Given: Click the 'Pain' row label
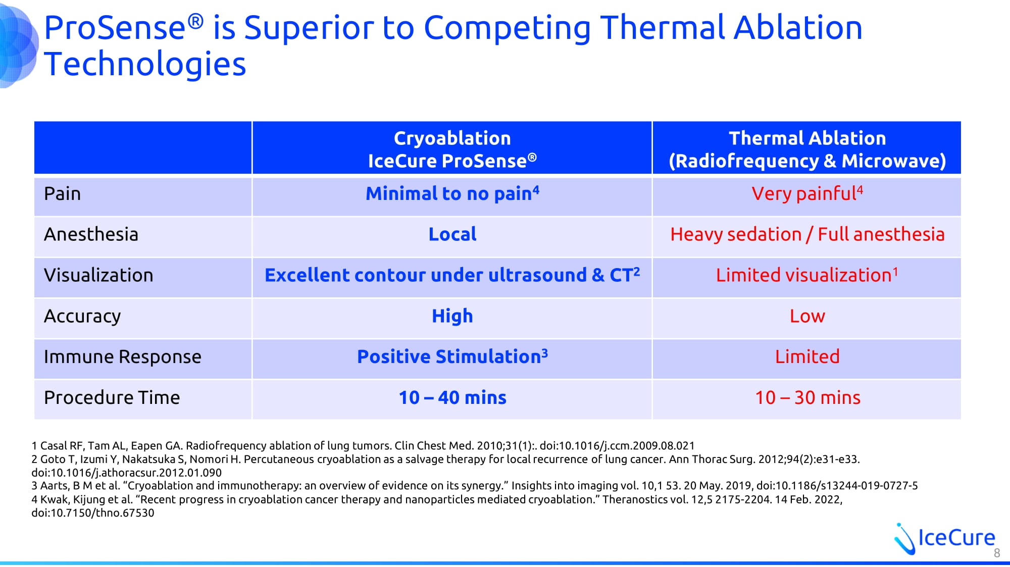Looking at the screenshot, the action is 62,194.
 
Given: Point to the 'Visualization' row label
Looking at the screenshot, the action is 98,275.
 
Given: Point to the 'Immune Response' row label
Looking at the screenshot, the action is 123,357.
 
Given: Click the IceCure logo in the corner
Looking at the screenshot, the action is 944,538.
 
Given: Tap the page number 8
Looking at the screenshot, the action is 997,553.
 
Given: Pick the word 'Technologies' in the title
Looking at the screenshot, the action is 145,65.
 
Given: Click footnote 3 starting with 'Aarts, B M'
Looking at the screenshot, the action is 475,486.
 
